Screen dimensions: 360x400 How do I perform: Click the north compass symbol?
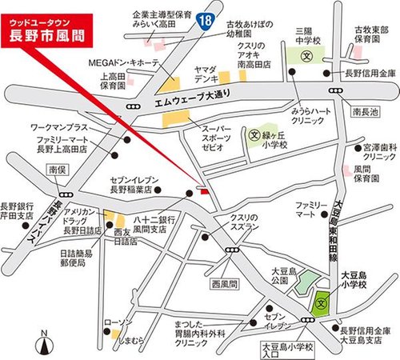coord(46,344)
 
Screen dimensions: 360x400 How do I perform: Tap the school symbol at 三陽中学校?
coord(307,58)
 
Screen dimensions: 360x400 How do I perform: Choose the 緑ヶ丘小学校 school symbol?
coord(254,135)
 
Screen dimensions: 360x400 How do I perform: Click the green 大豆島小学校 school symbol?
coord(322,302)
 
